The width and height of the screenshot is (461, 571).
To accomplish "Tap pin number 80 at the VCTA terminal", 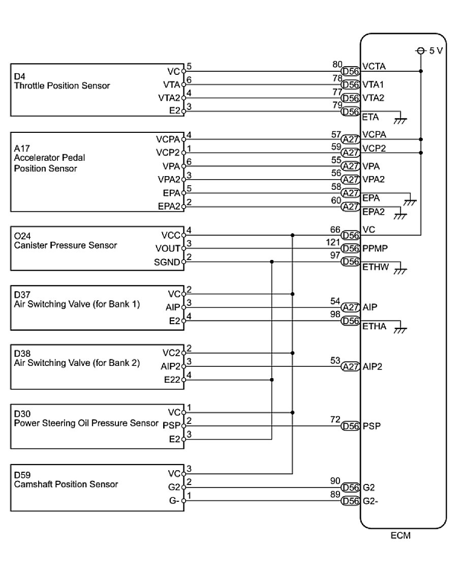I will (336, 65).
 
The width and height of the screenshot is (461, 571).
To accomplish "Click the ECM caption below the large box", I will (401, 536).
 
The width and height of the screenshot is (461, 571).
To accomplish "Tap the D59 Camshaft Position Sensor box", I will (97, 487).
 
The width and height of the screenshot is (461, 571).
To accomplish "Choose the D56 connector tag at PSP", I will (350, 426).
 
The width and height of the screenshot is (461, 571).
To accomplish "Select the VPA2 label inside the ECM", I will (374, 180).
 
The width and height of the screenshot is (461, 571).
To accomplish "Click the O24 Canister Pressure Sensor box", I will (97, 249).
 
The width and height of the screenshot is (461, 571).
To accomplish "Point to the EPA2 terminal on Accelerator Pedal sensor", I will (168, 207).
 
